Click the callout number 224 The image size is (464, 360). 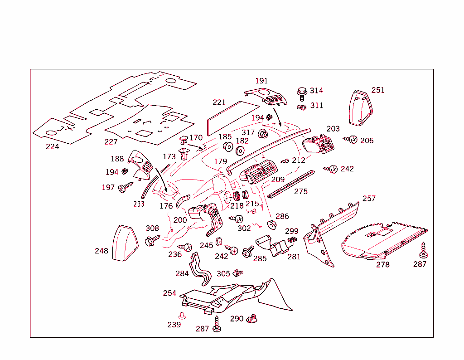coord(52,146)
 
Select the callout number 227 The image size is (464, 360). coord(111,141)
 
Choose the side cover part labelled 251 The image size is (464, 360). coord(361,107)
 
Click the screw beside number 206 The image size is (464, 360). coord(351,139)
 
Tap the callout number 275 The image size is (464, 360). coord(300,191)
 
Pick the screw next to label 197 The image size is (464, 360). coord(125,187)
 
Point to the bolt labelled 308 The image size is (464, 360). coord(151,240)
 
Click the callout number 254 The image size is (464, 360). coord(169,293)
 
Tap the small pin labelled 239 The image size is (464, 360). coord(182,315)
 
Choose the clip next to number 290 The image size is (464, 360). coord(251,319)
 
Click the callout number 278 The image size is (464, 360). coord(383,264)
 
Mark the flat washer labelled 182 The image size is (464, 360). coord(241,151)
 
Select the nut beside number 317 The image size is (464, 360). coord(262,134)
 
